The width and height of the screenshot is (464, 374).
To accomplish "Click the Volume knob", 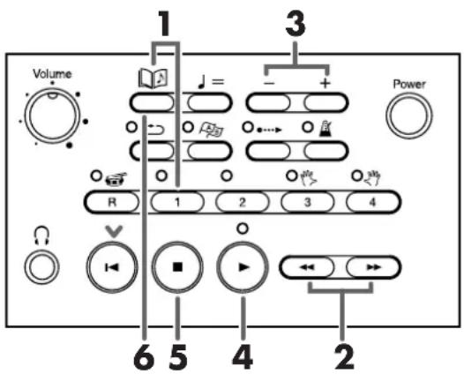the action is (x=52, y=116).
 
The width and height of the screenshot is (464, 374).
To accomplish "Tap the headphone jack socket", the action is (x=41, y=267).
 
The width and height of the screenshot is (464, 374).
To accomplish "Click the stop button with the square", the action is (x=177, y=267).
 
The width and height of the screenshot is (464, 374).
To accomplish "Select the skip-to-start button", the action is (x=112, y=267).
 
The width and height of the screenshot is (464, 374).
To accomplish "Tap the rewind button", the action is (x=308, y=267).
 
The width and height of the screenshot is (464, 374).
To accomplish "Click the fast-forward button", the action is (x=373, y=267).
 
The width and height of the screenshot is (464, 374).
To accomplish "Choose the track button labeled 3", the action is (x=308, y=202).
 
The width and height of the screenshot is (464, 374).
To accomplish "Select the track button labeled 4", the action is (x=372, y=202).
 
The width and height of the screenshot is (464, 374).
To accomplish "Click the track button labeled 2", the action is (x=243, y=202).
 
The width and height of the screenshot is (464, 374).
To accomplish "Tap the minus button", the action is (x=268, y=103).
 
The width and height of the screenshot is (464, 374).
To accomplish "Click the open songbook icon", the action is (x=153, y=79).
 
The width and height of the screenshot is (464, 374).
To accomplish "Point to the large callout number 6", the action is (x=144, y=357).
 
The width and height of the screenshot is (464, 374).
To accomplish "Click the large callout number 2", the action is (x=344, y=357).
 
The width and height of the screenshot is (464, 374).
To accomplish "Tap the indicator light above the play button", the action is (x=243, y=228).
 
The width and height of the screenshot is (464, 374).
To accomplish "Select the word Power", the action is (x=409, y=85).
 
